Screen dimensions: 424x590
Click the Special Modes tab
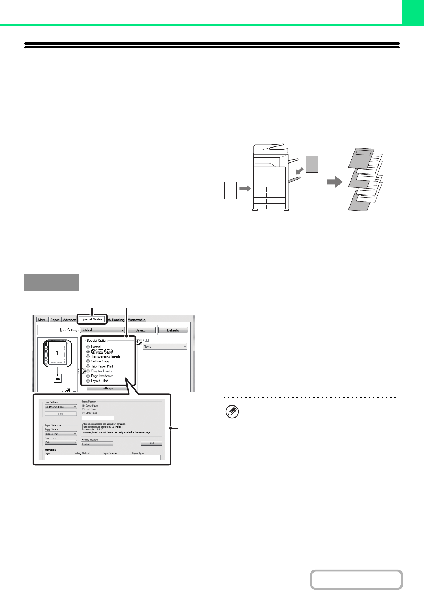click(92, 319)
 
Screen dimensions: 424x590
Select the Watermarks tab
click(136, 320)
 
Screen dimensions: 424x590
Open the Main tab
click(42, 320)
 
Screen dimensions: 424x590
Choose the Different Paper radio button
click(88, 352)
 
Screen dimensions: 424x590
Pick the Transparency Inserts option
click(88, 357)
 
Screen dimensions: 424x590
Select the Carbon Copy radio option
click(88, 361)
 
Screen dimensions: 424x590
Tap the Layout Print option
click(88, 381)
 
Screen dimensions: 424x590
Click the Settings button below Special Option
click(108, 388)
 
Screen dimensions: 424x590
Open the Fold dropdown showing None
click(165, 346)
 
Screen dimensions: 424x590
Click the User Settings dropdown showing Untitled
click(102, 330)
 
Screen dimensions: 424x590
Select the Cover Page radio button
click(83, 405)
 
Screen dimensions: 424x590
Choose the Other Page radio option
click(83, 413)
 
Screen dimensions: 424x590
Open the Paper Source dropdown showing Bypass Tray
click(61, 434)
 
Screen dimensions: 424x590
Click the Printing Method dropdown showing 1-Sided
click(97, 444)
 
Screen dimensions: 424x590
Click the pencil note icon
click(232, 412)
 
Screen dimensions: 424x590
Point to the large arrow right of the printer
click(335, 182)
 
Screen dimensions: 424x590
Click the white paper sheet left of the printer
click(231, 190)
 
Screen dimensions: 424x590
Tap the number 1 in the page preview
click(57, 353)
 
